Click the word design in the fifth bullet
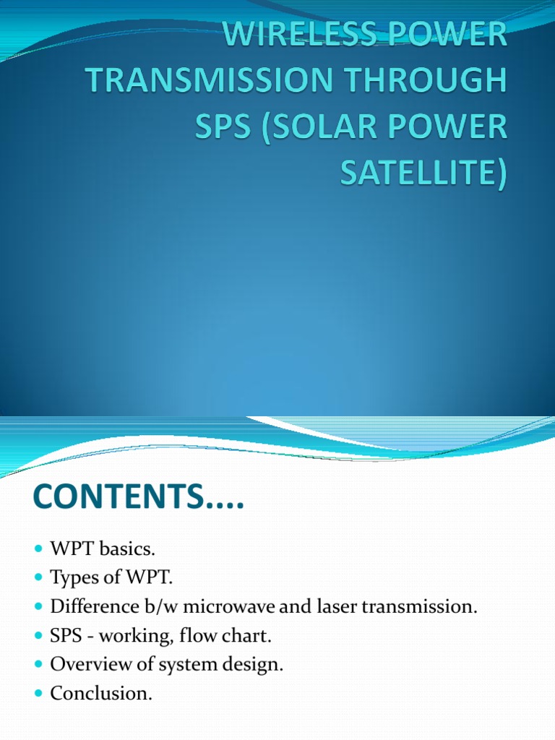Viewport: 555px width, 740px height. (255, 665)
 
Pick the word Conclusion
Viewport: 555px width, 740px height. (101, 693)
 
